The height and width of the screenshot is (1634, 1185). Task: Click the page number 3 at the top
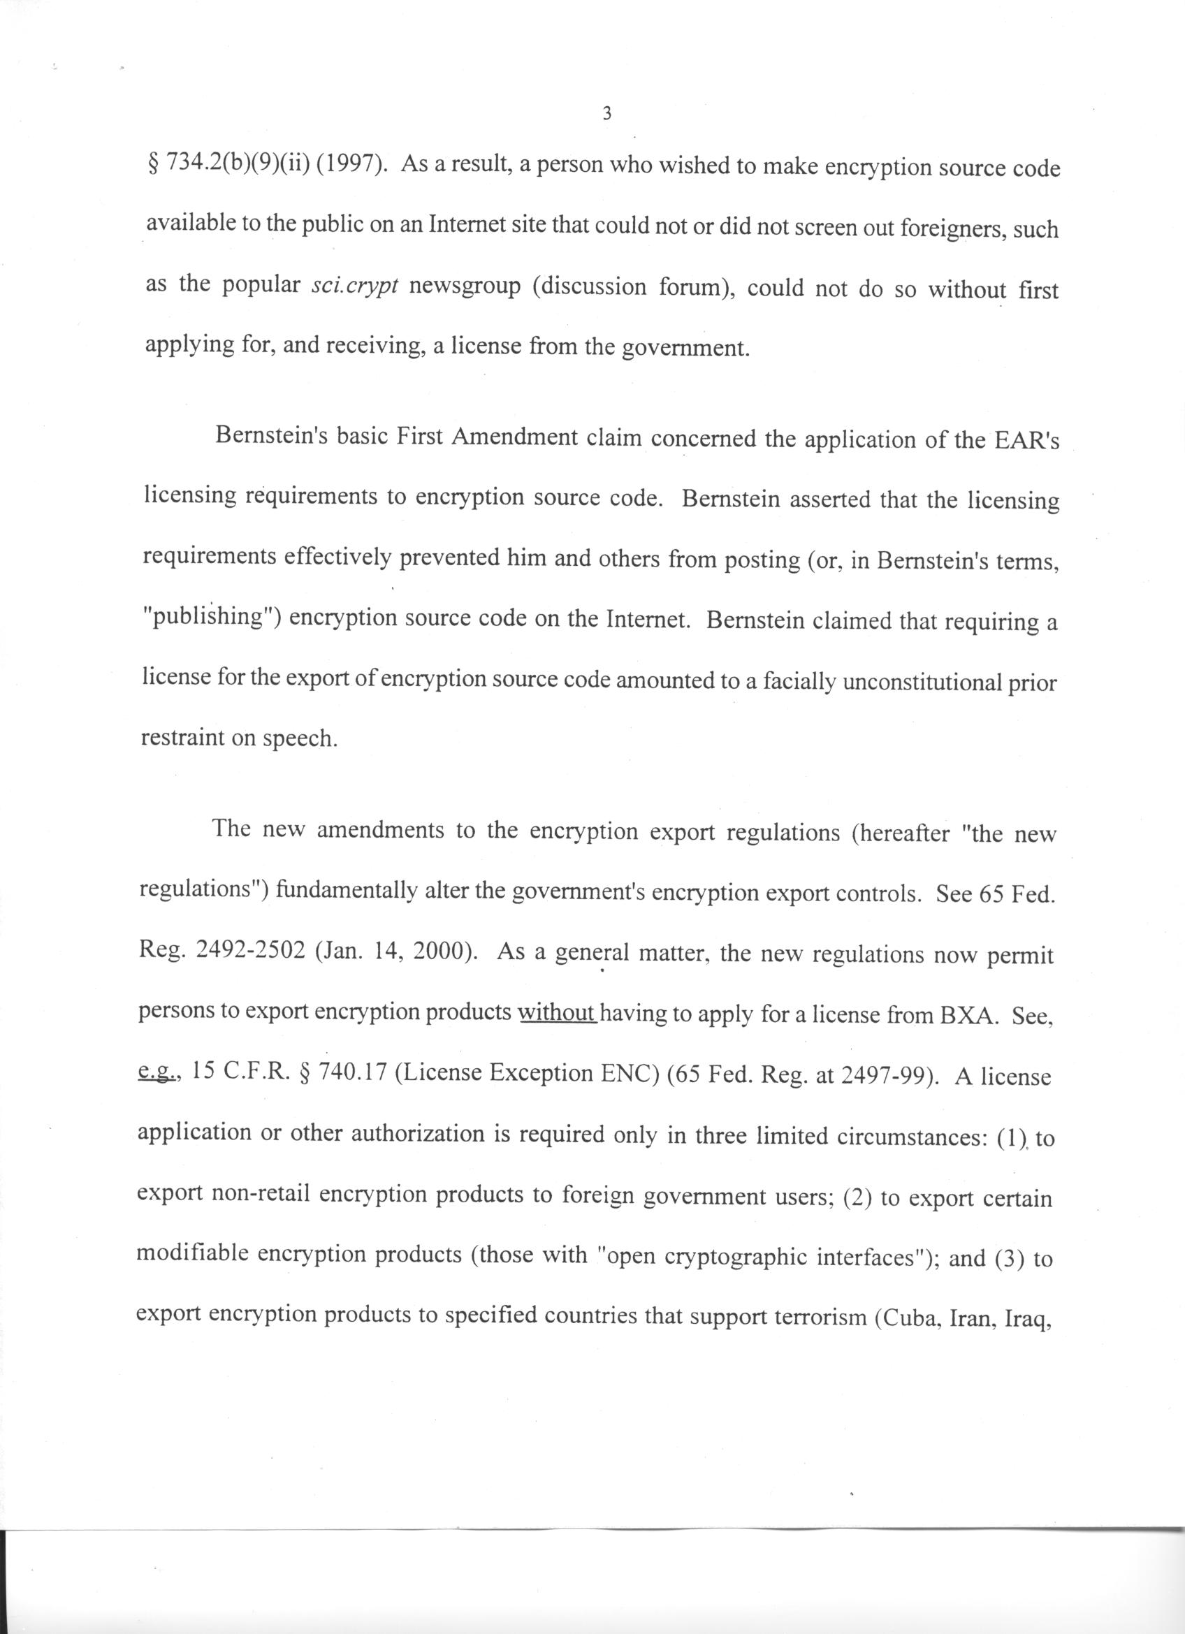tap(606, 113)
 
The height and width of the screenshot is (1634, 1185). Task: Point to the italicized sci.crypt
tap(356, 286)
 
